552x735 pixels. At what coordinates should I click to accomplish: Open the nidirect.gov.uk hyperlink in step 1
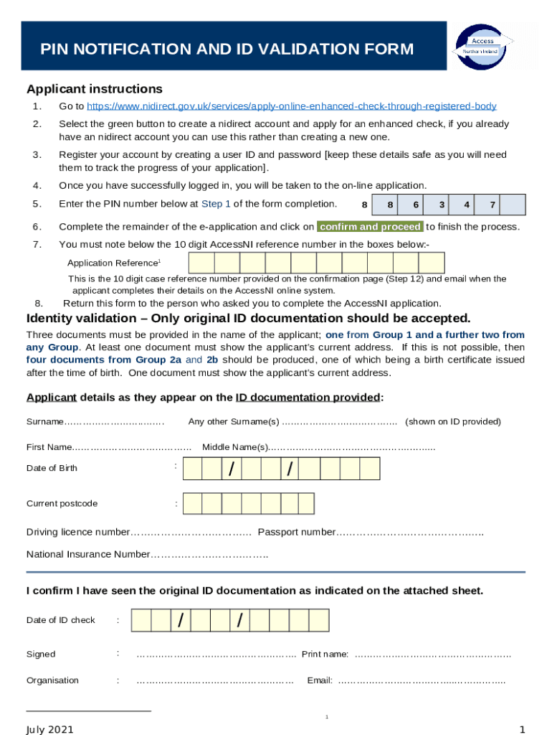(291, 106)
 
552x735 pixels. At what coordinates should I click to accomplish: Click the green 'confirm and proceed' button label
(370, 227)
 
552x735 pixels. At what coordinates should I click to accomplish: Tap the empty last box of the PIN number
(512, 205)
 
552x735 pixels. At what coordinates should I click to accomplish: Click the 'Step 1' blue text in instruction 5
(216, 204)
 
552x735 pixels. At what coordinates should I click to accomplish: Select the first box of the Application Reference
(201, 263)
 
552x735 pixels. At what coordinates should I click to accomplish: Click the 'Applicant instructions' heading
(95, 89)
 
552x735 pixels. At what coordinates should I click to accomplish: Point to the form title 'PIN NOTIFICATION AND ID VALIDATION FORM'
(227, 49)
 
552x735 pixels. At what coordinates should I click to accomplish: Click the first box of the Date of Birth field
(192, 469)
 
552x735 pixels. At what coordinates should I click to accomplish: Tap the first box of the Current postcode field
(192, 503)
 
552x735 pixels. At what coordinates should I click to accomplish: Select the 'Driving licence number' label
(78, 532)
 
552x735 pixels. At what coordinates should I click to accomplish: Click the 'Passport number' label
(296, 532)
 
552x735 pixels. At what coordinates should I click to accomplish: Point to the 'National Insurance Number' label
(88, 554)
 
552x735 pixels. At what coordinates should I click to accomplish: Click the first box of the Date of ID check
(141, 620)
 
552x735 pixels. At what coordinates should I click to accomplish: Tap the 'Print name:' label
(325, 654)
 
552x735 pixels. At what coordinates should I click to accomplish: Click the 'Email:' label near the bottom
(320, 680)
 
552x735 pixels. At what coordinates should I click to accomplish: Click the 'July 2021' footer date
(50, 729)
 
